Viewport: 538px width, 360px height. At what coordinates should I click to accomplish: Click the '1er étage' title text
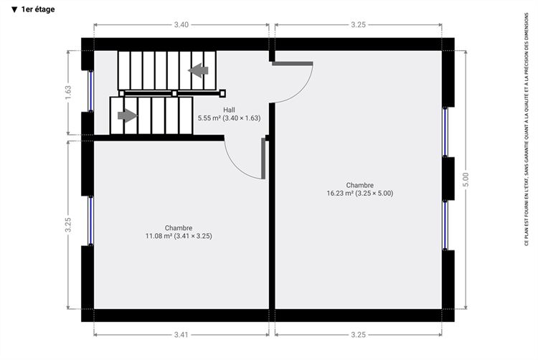(38, 9)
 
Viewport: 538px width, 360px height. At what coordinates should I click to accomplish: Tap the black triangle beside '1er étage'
(14, 9)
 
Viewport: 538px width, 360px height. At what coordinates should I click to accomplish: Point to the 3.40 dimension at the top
(181, 24)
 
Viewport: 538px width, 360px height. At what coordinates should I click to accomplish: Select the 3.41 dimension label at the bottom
(181, 335)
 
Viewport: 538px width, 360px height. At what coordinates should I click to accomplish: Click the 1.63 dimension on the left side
(68, 93)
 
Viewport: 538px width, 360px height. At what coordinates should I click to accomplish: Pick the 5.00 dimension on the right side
(466, 179)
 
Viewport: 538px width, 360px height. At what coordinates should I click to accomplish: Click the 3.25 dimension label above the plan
(358, 24)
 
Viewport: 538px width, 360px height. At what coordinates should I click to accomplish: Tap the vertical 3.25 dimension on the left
(68, 224)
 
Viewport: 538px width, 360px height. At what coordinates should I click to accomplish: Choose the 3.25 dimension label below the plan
(358, 335)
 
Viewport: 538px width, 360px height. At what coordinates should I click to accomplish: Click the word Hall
(230, 110)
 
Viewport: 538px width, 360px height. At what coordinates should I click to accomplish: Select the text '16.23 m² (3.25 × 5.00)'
(360, 193)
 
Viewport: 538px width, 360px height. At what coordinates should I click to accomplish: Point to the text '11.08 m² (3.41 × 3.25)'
(179, 236)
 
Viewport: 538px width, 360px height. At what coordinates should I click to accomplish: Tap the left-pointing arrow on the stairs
(198, 70)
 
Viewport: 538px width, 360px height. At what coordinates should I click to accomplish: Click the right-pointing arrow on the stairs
(128, 115)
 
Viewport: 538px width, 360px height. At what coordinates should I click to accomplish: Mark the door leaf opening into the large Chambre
(293, 63)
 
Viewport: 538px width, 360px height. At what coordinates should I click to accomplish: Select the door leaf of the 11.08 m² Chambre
(263, 158)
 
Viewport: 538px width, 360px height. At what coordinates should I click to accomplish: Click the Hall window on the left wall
(90, 91)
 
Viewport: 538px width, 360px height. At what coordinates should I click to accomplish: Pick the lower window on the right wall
(445, 225)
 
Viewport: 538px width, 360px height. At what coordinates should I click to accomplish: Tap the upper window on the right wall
(445, 132)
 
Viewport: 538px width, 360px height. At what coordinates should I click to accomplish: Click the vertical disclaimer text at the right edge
(527, 130)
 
